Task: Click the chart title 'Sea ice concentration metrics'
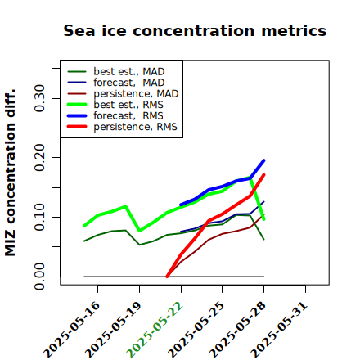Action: point(195,30)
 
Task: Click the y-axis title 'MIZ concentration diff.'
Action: point(11,173)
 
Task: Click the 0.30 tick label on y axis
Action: point(40,98)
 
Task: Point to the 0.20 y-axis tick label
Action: point(40,158)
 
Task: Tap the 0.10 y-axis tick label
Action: point(40,217)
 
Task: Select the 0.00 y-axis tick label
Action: point(40,277)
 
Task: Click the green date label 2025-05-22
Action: point(155,331)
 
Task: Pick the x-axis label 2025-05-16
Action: point(71,331)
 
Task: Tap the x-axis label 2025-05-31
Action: point(279,331)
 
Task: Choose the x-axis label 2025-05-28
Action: point(237,331)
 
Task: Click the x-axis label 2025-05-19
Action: point(113,331)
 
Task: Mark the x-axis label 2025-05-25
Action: point(196,331)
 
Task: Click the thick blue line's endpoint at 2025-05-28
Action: point(264,160)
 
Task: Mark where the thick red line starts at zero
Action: point(167,277)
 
